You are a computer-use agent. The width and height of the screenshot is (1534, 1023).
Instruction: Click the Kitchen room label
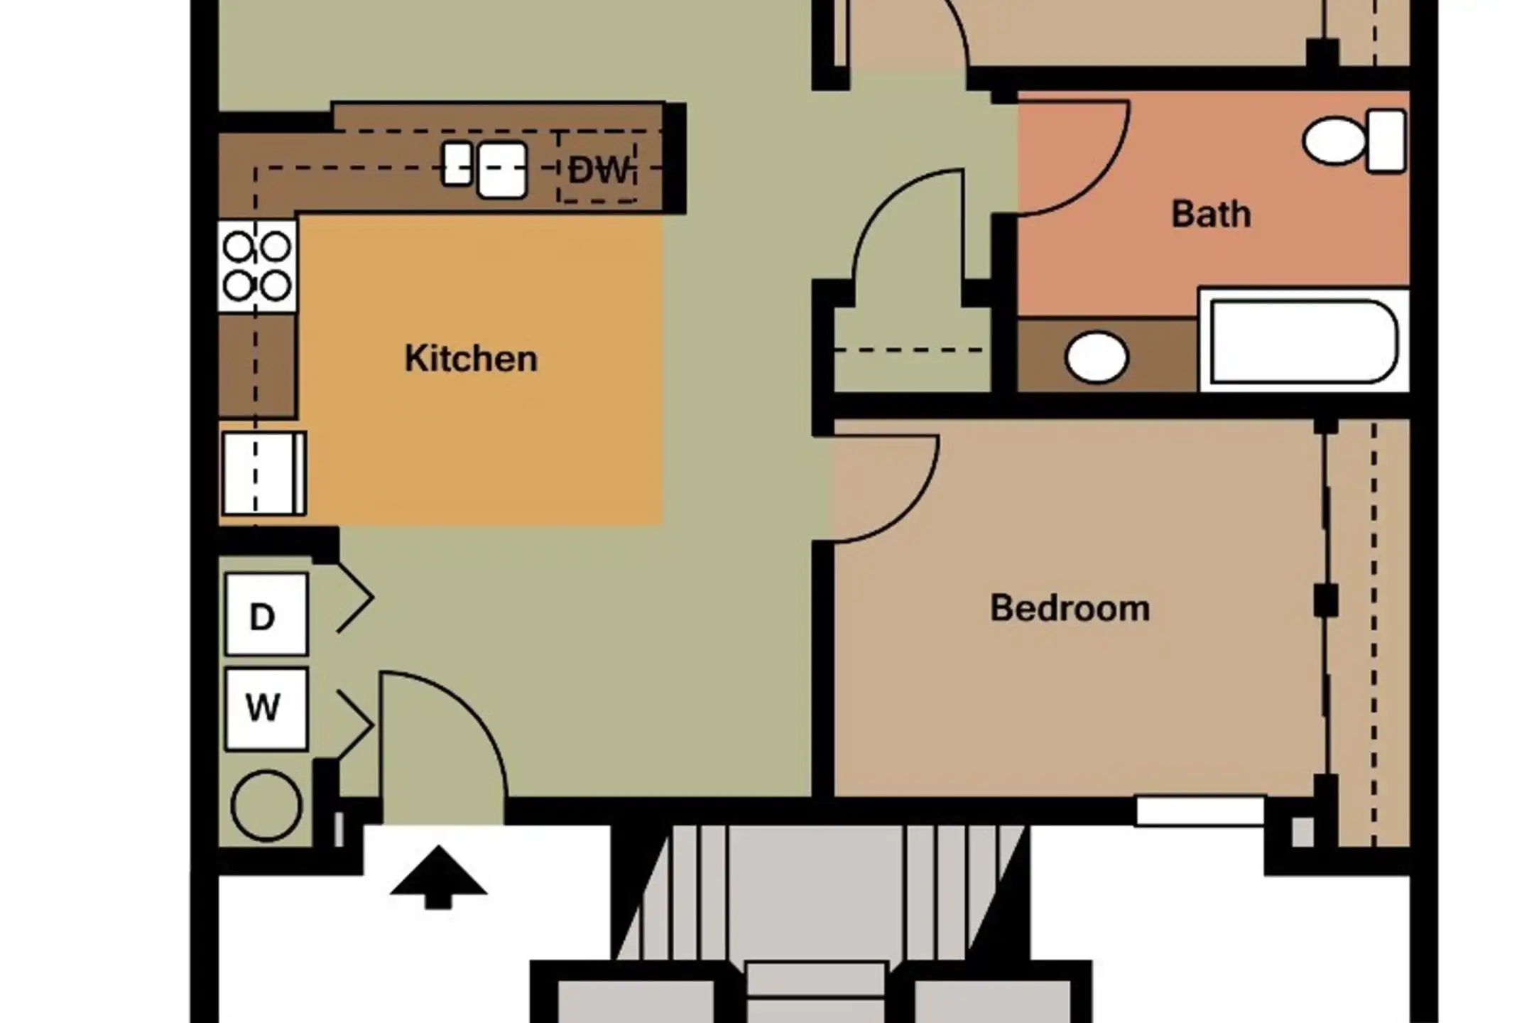point(471,358)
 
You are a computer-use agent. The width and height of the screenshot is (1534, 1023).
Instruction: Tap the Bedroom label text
point(1070,608)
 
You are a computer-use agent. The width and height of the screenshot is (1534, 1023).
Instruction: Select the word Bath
point(1211,214)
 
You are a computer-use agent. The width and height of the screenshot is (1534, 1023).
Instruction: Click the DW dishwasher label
point(599,170)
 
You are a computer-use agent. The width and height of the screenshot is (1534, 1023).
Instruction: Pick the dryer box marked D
point(266,615)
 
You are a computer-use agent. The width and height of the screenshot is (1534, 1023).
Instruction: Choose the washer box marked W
point(266,709)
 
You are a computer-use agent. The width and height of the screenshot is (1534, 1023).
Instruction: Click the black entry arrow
point(438,877)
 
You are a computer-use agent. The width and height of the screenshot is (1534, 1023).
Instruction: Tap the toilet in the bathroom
point(1355,141)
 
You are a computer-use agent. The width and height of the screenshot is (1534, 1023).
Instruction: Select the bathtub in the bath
point(1304,340)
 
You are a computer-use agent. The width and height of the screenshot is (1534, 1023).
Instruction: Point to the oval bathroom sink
point(1097,357)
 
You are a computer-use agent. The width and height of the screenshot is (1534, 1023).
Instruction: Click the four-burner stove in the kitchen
point(257,266)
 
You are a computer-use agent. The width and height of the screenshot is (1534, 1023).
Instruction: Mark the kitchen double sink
point(484,169)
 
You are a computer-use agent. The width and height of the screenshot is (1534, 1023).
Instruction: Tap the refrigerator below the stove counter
point(263,473)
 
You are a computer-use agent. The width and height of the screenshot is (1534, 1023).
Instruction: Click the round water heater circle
point(266,806)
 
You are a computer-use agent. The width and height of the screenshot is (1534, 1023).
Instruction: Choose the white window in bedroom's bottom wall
point(1200,811)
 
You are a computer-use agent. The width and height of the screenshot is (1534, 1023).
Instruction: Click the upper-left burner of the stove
point(238,247)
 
